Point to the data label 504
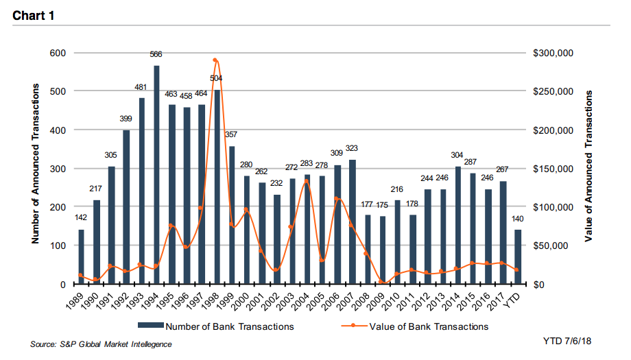click(x=216, y=78)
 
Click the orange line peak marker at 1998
click(x=215, y=60)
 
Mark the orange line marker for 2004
click(x=306, y=182)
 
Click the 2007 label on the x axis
click(x=350, y=299)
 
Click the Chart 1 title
click(x=34, y=15)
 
